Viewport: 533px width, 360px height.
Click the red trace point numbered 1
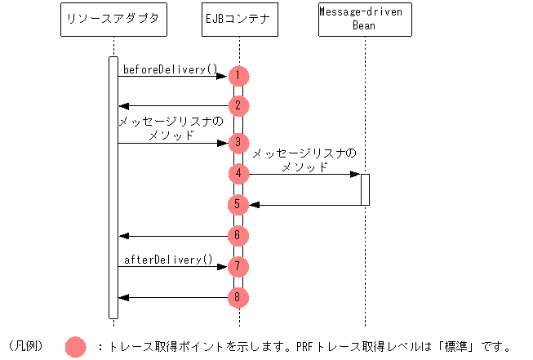[238, 76]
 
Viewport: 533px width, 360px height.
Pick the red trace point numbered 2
[238, 105]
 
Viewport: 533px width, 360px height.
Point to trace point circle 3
[238, 143]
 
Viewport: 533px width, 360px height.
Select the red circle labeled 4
[238, 173]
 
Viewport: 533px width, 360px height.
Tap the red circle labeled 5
[238, 204]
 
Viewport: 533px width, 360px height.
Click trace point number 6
[238, 235]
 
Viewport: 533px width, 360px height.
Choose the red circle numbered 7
[238, 266]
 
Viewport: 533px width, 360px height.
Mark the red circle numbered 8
[238, 297]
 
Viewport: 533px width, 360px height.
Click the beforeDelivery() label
[171, 69]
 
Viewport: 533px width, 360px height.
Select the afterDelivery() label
[168, 260]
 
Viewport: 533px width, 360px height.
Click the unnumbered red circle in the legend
[75, 346]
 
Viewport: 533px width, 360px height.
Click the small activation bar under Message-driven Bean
[365, 189]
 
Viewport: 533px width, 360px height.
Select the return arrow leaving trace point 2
[173, 105]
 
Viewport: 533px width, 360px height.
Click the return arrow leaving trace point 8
[173, 297]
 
